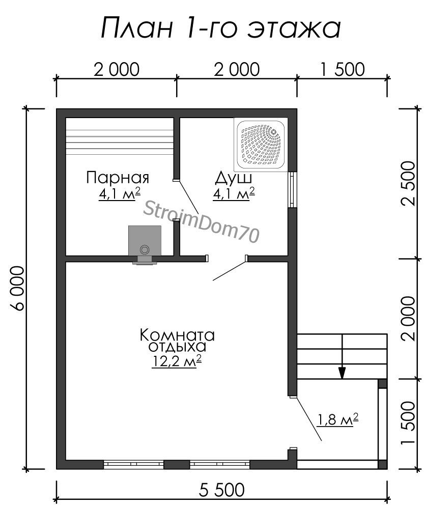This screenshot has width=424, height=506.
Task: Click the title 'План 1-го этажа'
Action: pos(221,29)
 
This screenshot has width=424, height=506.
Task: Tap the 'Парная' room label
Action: pos(118,178)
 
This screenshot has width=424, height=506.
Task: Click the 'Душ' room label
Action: pos(234,178)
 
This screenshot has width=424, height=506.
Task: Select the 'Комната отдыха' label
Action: pos(177,341)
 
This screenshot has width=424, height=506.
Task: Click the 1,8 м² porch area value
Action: pos(338,419)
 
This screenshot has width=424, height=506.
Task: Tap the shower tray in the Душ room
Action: pos(261,144)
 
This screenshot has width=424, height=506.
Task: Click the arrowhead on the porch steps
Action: pos(342,373)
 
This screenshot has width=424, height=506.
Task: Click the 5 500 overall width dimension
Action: pos(221,490)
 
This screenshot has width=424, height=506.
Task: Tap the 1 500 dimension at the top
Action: pos(343,69)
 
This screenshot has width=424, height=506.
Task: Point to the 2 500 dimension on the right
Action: pos(409,183)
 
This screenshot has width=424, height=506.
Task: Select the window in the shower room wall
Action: pos(292,189)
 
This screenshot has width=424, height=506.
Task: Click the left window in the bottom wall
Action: pos(133,464)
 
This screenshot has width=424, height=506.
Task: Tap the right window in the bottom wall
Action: pos(219,464)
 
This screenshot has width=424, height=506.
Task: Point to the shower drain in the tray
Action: pos(274,131)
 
